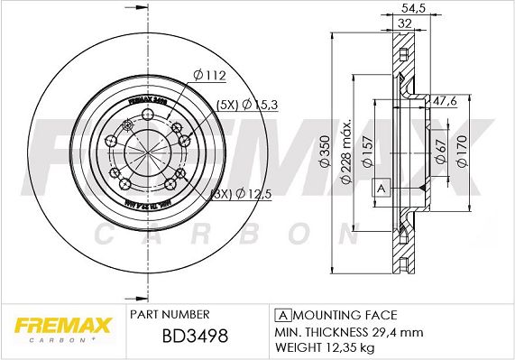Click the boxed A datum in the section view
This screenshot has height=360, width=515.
point(381,188)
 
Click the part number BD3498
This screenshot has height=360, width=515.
point(179,336)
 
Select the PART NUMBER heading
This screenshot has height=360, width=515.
point(170,314)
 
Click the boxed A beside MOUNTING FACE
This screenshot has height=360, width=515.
point(282,315)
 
